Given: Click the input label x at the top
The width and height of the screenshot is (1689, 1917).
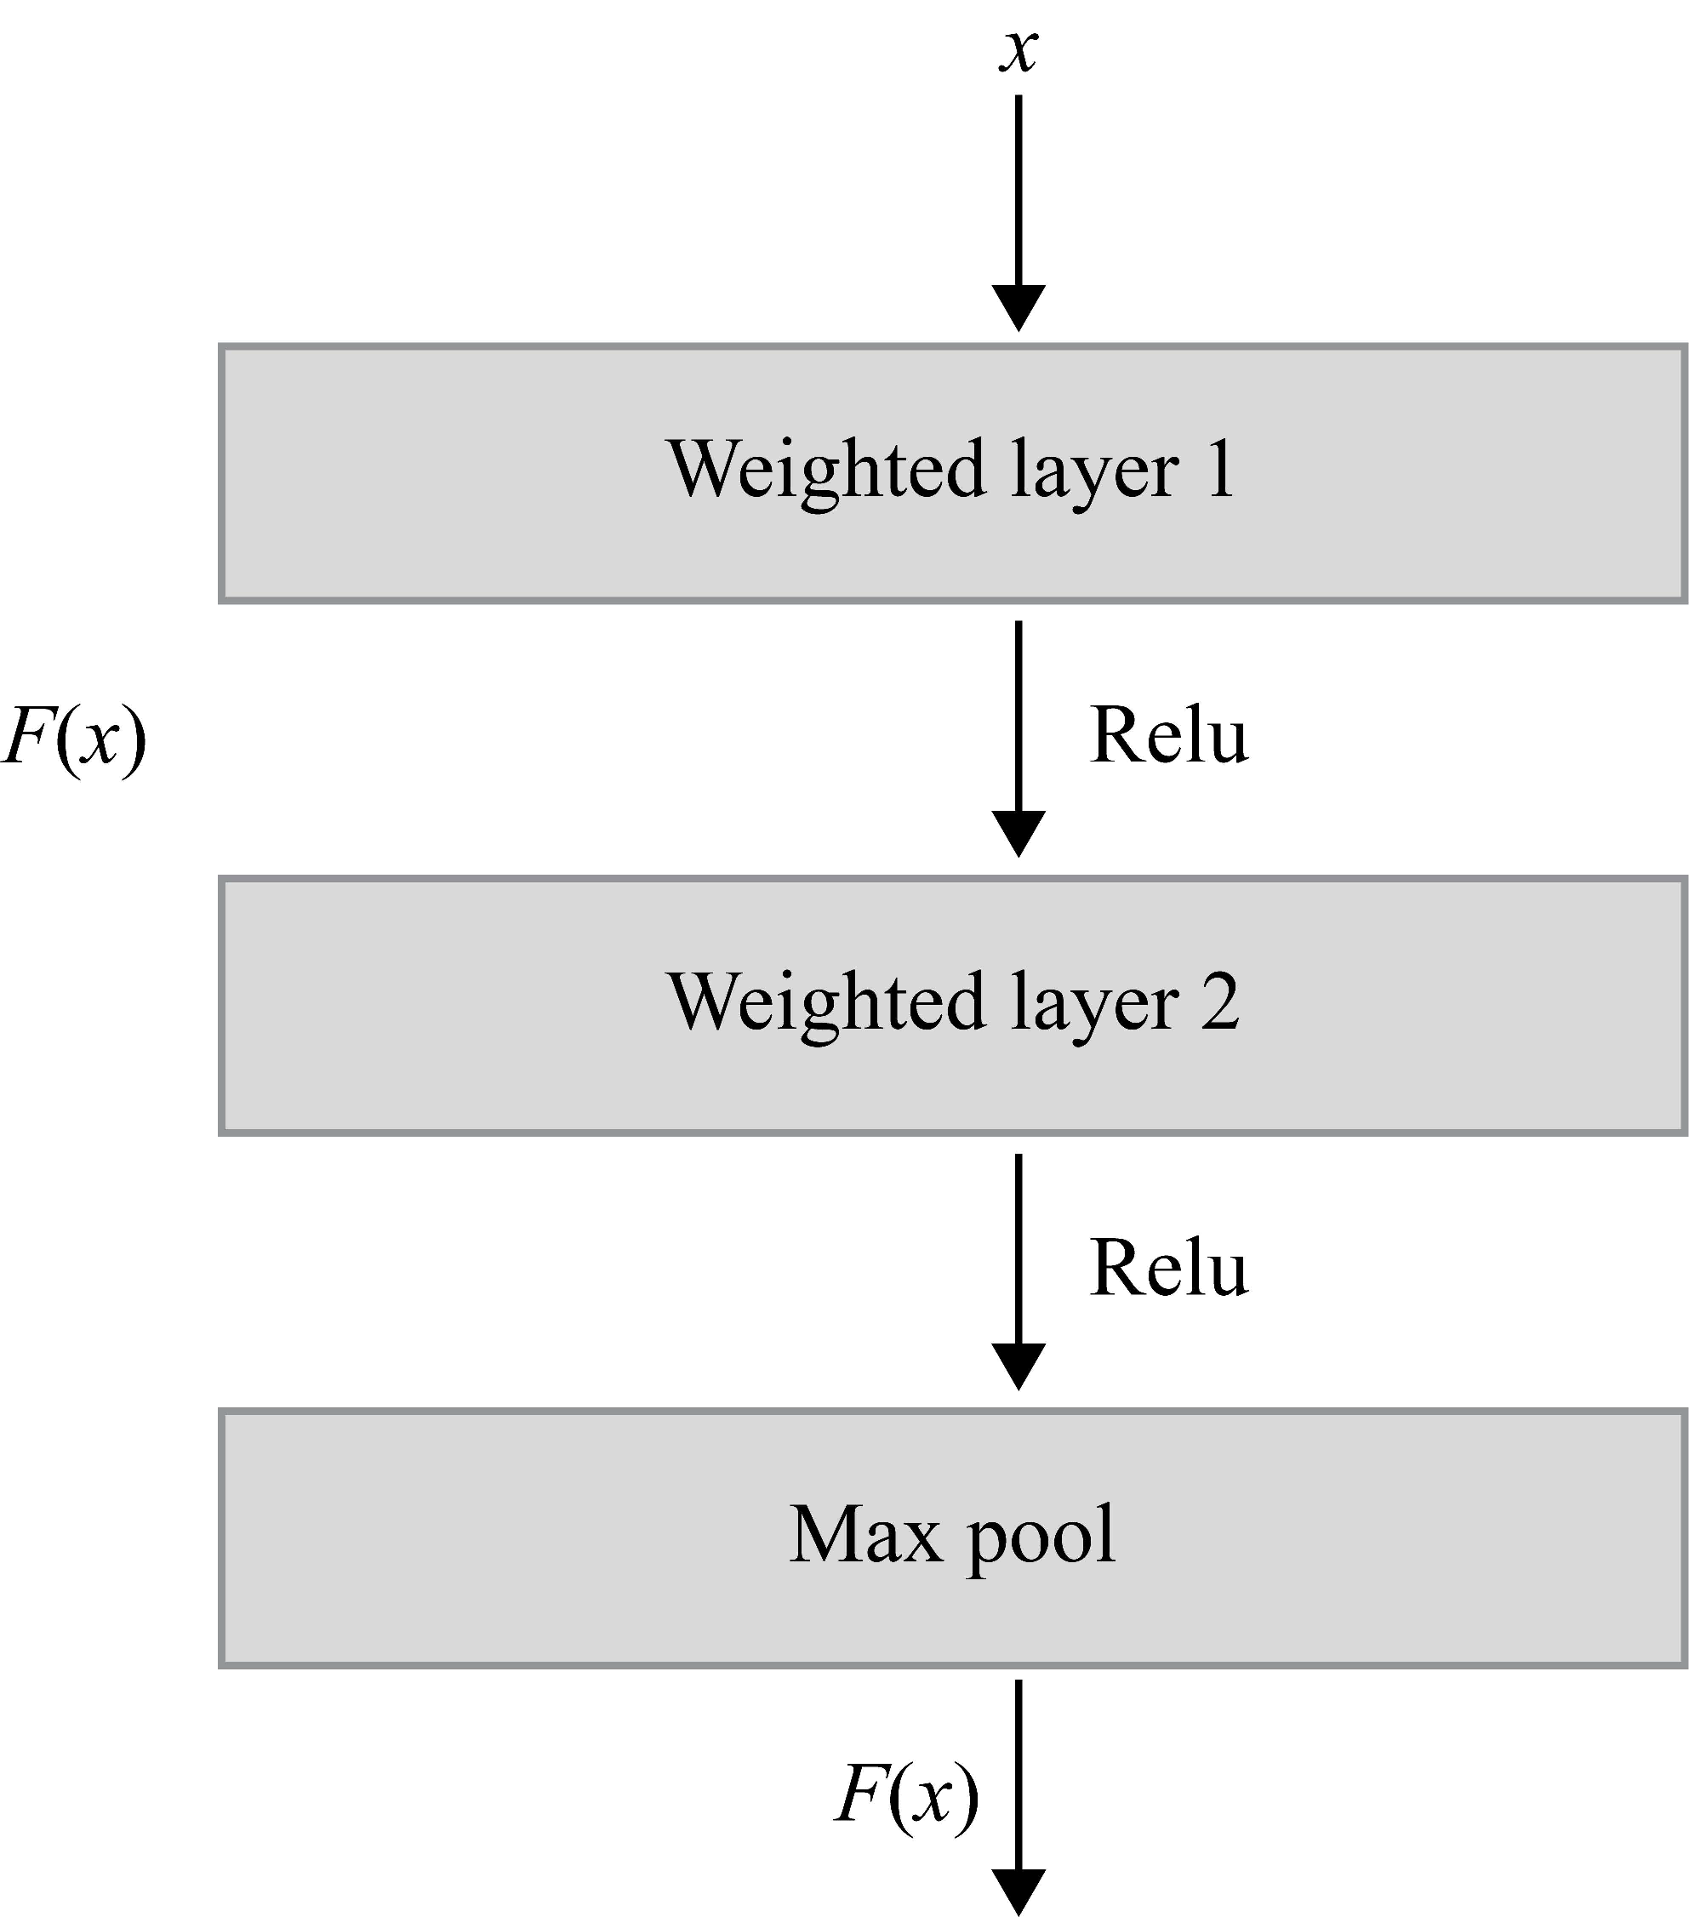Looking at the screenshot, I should coord(1019,51).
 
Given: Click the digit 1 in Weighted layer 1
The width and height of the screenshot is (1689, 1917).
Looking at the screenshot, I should coord(1220,469).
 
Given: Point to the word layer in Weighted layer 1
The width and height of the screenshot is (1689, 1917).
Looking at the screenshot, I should coord(1094,473).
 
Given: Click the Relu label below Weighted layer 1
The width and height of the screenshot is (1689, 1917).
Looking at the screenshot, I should coord(1168,735).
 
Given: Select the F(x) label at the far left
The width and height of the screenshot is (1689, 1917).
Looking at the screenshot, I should coord(75,737).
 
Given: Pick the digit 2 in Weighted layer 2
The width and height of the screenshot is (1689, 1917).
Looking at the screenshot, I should coord(1220,1001).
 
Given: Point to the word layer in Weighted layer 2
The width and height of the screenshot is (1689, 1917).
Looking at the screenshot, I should coord(1094,1006).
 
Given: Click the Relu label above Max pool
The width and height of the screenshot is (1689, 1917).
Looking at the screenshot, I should coord(1168,1268).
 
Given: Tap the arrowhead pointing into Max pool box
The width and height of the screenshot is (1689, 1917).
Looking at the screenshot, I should coord(1019,1366).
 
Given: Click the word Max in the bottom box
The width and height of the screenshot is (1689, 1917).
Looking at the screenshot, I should coord(864,1535).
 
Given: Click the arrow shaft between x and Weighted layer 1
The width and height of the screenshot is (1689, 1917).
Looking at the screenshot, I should coord(1019,187).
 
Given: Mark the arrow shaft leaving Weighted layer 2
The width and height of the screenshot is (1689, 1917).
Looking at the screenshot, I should coord(1019,1247).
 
